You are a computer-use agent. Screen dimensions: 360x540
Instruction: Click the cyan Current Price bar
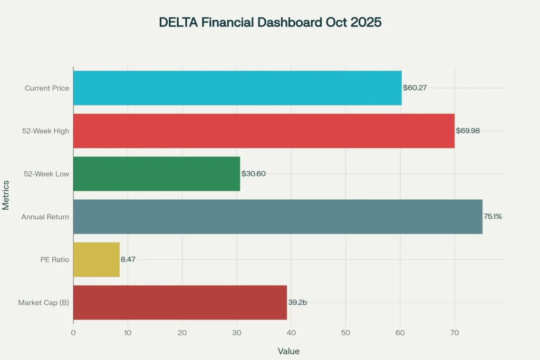pyautogui.click(x=237, y=88)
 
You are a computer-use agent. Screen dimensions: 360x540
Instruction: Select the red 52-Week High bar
pyautogui.click(x=264, y=131)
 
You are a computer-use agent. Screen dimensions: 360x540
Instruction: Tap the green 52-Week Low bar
pyautogui.click(x=157, y=173)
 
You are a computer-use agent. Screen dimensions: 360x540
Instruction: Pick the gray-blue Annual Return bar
pyautogui.click(x=277, y=217)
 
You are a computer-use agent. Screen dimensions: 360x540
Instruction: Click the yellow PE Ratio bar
pyautogui.click(x=97, y=259)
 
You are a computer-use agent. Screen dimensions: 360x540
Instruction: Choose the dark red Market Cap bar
pyautogui.click(x=180, y=303)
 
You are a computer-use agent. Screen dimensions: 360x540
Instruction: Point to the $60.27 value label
pyautogui.click(x=415, y=88)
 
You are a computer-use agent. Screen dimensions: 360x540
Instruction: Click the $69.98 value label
pyautogui.click(x=468, y=131)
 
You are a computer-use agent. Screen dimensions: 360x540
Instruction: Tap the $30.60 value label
pyautogui.click(x=254, y=173)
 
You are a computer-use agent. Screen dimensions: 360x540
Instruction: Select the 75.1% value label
pyautogui.click(x=493, y=217)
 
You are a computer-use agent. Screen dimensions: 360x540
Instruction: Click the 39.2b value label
pyautogui.click(x=297, y=303)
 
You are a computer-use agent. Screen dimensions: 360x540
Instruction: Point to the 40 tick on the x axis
pyautogui.click(x=291, y=333)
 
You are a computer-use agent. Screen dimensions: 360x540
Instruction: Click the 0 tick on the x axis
pyautogui.click(x=73, y=333)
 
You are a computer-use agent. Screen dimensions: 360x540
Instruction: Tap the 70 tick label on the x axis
pyautogui.click(x=455, y=333)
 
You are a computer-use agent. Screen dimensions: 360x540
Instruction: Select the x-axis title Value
pyautogui.click(x=288, y=351)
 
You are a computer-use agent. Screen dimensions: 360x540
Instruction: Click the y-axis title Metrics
pyautogui.click(x=6, y=195)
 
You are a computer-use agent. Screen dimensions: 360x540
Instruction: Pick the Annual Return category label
pyautogui.click(x=45, y=217)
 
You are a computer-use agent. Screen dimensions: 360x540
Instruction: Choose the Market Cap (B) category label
pyautogui.click(x=44, y=303)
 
